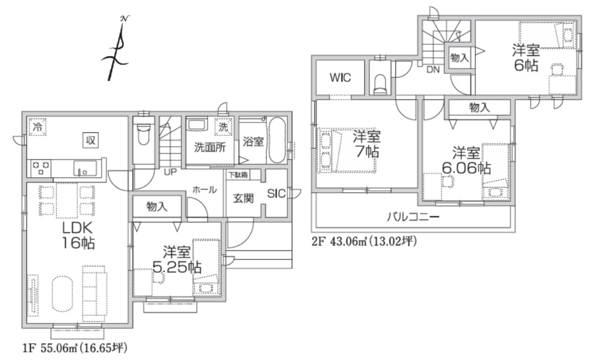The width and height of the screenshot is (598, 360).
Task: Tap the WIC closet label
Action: (340, 78)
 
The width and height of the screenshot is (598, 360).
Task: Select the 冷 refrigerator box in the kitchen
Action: (37, 127)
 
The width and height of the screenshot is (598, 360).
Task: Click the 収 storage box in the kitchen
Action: (91, 140)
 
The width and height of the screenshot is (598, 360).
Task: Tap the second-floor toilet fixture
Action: (380, 85)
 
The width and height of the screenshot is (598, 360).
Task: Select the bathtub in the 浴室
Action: (277, 141)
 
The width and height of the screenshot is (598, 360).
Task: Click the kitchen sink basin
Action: (85, 168)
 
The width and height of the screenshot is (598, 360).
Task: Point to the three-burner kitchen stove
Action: (41, 168)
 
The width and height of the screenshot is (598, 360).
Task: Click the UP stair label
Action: (170, 172)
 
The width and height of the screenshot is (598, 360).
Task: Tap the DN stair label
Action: (433, 70)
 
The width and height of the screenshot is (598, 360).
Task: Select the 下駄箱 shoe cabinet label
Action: (238, 175)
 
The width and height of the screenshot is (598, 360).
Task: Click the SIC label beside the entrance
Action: (276, 194)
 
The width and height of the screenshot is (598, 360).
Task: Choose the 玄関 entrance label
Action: (243, 198)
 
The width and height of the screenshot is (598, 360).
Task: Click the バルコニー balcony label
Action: (413, 217)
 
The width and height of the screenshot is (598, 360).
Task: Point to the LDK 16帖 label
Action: (78, 235)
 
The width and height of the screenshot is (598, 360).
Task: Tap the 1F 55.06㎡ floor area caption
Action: (75, 348)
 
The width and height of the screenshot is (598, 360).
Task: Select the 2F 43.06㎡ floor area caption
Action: (364, 241)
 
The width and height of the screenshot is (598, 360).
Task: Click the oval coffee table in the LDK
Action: (63, 294)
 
